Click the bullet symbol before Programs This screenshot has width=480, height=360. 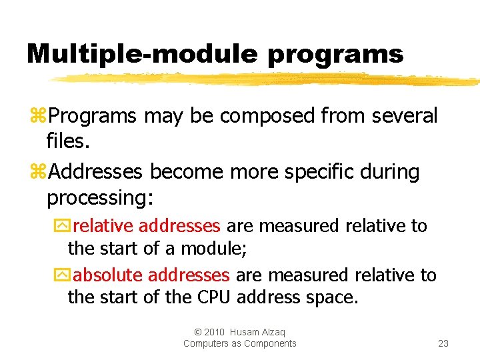(x=37, y=116)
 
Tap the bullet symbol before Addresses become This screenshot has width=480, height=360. (x=37, y=172)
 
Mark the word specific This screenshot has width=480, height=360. (x=319, y=172)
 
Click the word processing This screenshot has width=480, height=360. (x=99, y=198)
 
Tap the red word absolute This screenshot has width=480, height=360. (x=108, y=275)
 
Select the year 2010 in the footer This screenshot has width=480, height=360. (x=215, y=332)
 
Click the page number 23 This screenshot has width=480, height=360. (x=443, y=343)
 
